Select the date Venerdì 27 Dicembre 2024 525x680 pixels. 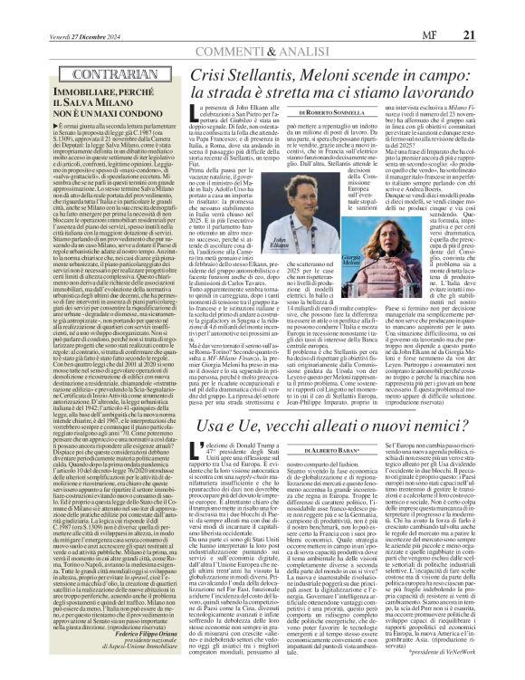click(72, 10)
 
